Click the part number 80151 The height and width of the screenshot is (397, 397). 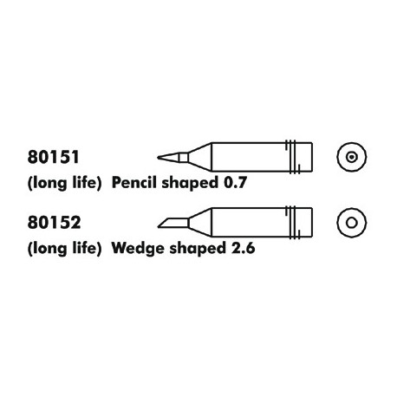[x=53, y=157]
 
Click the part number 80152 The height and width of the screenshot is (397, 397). [x=54, y=223]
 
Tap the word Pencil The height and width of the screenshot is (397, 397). [x=134, y=183]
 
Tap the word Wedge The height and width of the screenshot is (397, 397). [x=139, y=249]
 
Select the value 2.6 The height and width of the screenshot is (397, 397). [x=244, y=248]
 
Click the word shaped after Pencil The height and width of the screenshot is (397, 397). [x=190, y=183]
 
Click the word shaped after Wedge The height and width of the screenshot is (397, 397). [x=198, y=249]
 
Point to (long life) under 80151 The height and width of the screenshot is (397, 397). [x=64, y=183]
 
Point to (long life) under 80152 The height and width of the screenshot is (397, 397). [x=64, y=249]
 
